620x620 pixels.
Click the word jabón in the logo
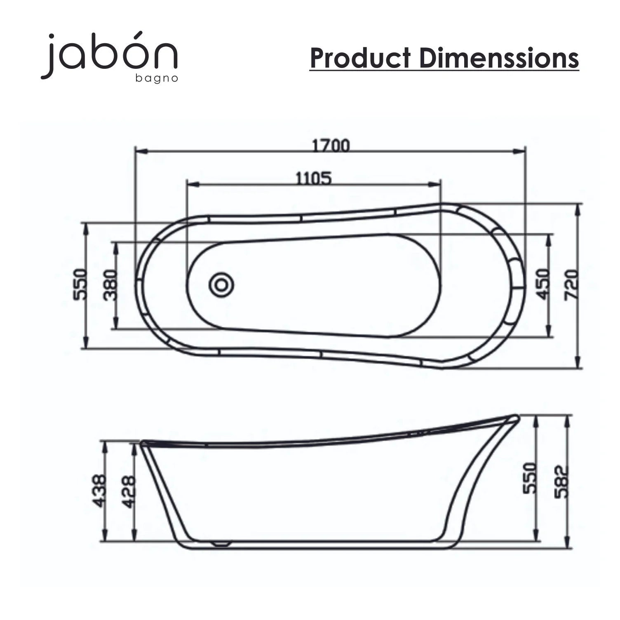pyautogui.click(x=109, y=55)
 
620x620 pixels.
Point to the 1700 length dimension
pyautogui.click(x=331, y=146)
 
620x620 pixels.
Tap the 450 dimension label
pyautogui.click(x=544, y=284)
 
